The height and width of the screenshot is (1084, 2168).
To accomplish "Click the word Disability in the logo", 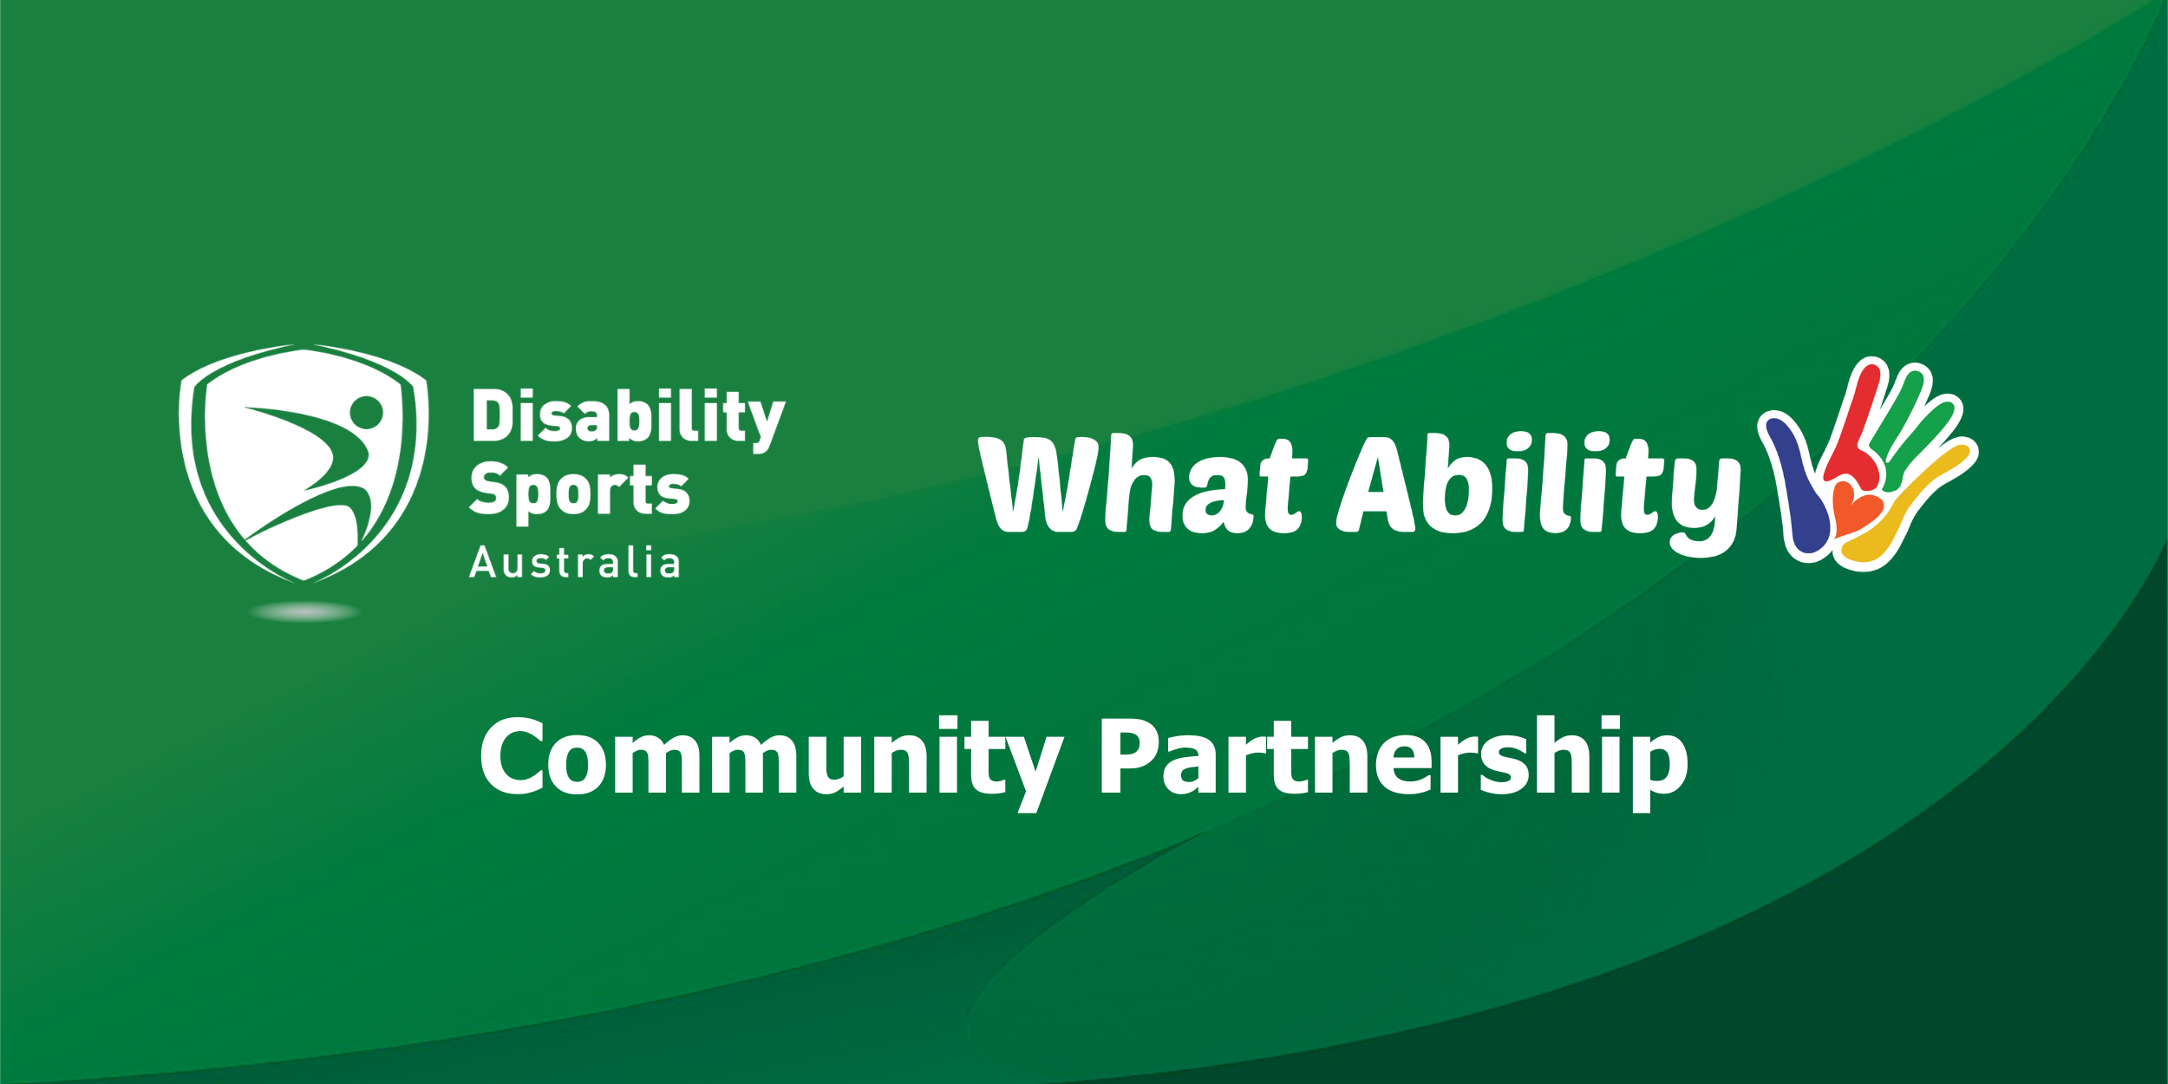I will (x=628, y=418).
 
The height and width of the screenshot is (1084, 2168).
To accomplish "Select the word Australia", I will (x=575, y=563).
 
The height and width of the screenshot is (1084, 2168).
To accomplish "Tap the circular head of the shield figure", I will (x=367, y=412).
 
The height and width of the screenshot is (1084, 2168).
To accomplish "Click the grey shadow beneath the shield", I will (x=304, y=612).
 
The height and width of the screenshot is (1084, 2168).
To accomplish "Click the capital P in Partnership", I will (x=1126, y=756).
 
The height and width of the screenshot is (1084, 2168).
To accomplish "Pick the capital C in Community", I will (x=513, y=756).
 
